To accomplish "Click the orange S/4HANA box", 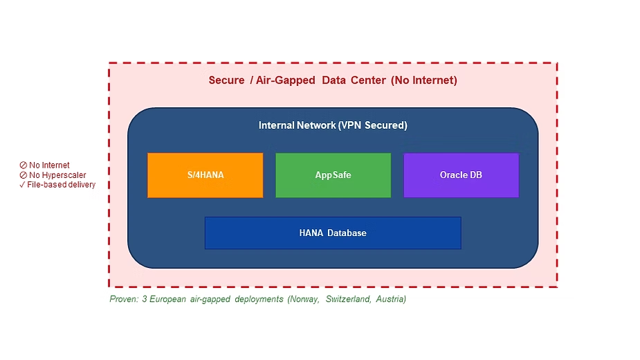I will pyautogui.click(x=205, y=175).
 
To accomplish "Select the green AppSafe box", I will pyautogui.click(x=333, y=175).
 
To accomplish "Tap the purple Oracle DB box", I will pyautogui.click(x=461, y=175).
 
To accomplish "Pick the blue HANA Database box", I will pyautogui.click(x=333, y=233).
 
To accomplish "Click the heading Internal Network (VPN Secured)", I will pyautogui.click(x=333, y=125).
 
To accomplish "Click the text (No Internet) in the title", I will pyautogui.click(x=424, y=80).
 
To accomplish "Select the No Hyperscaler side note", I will pyautogui.click(x=57, y=175).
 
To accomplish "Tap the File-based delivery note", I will pyautogui.click(x=61, y=185).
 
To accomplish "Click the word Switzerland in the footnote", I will pyautogui.click(x=345, y=299).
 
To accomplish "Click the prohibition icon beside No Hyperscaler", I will pyautogui.click(x=23, y=175).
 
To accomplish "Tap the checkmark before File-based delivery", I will pyautogui.click(x=23, y=185).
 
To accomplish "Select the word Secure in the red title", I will pyautogui.click(x=226, y=80).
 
